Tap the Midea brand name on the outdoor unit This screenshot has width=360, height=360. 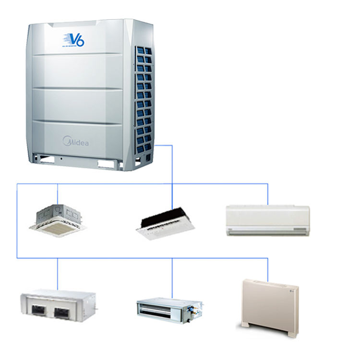tap(76, 142)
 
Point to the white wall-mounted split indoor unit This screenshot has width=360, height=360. tap(268, 220)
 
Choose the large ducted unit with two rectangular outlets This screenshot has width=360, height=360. tap(58, 306)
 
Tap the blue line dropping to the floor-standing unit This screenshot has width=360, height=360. tap(268, 269)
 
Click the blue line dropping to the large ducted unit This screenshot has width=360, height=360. tap(58, 274)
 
